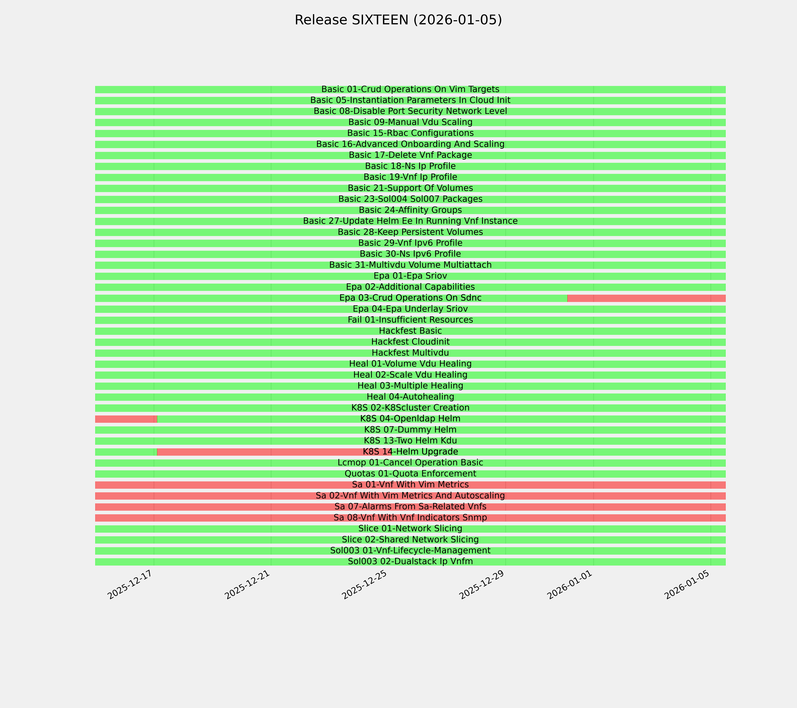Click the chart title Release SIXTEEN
tap(398, 20)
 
